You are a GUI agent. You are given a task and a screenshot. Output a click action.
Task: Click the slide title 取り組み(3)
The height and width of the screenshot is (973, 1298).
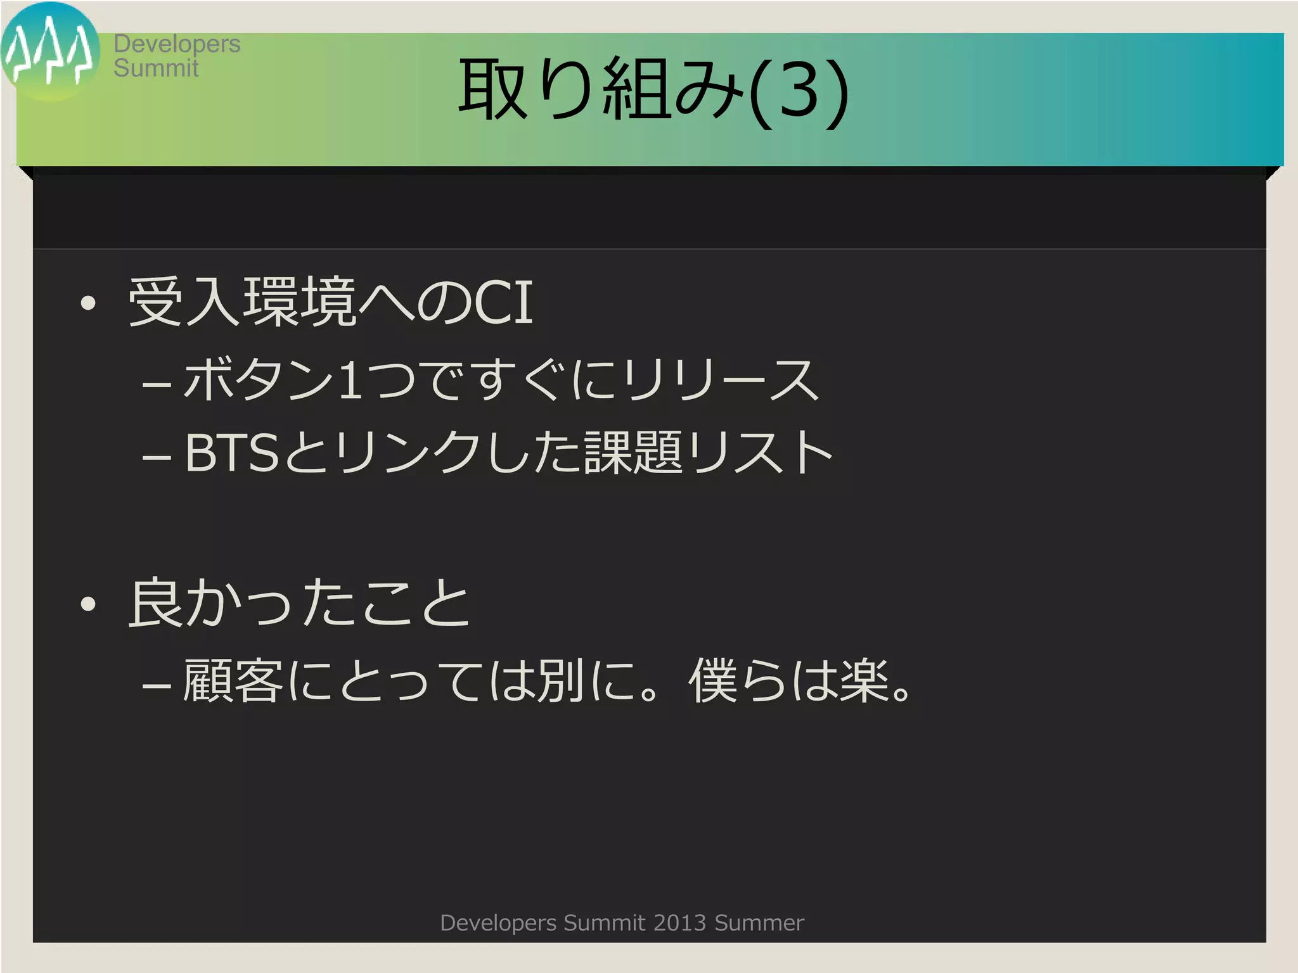click(653, 90)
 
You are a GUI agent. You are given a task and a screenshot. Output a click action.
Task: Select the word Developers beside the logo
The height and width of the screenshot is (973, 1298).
click(177, 44)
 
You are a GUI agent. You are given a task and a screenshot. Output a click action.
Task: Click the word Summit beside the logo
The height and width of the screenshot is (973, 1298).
click(156, 68)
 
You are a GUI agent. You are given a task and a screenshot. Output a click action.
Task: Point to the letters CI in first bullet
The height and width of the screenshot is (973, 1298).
click(504, 303)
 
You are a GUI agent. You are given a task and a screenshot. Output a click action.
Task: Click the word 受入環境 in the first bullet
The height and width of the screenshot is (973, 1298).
click(242, 303)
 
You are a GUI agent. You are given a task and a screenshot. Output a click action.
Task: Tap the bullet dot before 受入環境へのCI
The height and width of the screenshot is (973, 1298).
click(88, 303)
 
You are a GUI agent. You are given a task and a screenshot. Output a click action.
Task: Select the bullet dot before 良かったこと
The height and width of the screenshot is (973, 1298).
click(88, 604)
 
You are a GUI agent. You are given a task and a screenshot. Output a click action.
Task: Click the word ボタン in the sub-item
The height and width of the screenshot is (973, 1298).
click(259, 379)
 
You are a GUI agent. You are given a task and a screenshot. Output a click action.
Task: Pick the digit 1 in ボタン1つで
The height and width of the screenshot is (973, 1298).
click(350, 379)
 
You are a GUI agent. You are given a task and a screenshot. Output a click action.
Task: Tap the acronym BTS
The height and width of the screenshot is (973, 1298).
click(232, 452)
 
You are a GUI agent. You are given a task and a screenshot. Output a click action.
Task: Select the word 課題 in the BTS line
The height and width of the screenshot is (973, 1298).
click(633, 452)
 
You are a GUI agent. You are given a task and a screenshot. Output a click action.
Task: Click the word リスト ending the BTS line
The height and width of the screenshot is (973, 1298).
click(761, 452)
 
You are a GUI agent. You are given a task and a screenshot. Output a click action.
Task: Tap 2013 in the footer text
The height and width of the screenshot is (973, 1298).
click(679, 923)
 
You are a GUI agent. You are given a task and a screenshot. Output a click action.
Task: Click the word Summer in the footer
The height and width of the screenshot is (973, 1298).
click(759, 923)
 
